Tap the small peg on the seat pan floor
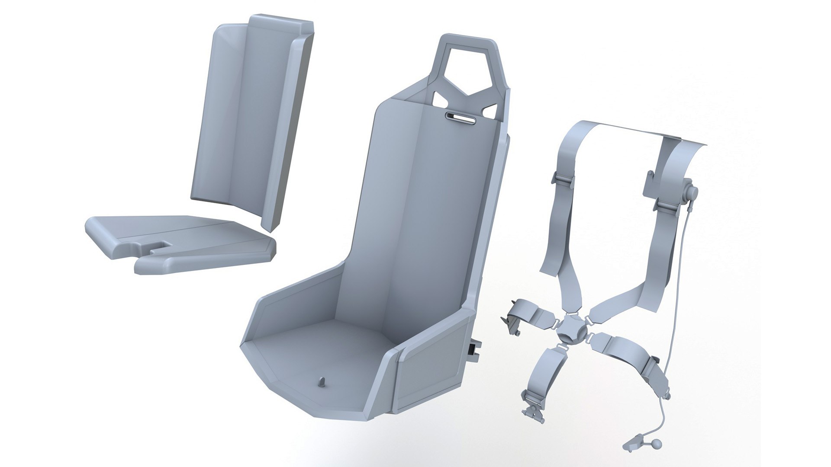point(322,381)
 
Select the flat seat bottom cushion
point(182,242)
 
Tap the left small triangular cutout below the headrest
point(441,99)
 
